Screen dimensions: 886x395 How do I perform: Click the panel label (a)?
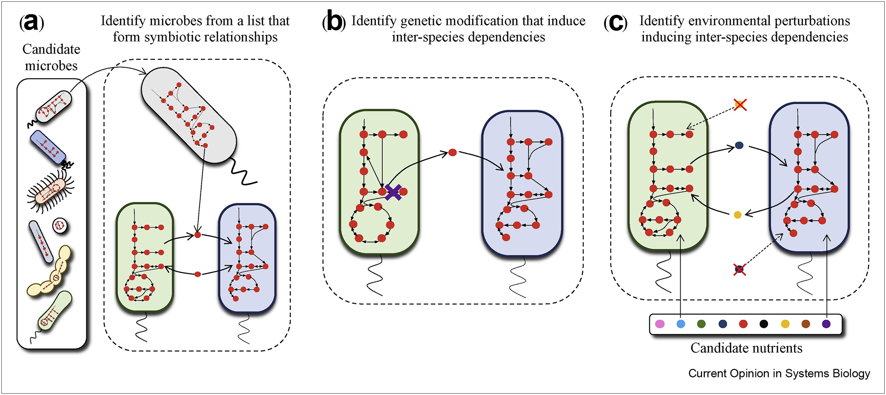[x=32, y=23]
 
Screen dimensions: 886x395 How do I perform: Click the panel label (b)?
[x=333, y=23]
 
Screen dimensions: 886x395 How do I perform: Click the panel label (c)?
[x=615, y=23]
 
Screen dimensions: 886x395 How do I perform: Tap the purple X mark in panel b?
[x=393, y=192]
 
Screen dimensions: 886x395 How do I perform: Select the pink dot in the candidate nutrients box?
[x=660, y=324]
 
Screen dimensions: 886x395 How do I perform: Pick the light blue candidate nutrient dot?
[x=681, y=324]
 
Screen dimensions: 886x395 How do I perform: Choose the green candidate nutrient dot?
[x=701, y=324]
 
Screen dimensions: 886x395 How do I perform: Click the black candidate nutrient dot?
[x=764, y=324]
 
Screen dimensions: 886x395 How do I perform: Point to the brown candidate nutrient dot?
[x=806, y=324]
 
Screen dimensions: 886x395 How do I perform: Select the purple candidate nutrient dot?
[x=826, y=324]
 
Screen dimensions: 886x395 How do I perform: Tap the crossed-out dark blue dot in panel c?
[x=739, y=269]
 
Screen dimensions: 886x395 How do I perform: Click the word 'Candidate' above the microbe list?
[x=51, y=49]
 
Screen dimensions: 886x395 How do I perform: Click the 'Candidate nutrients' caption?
[x=746, y=348]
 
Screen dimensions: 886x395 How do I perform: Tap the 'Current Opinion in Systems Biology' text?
[x=779, y=374]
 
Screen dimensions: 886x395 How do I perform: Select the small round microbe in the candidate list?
[x=60, y=226]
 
